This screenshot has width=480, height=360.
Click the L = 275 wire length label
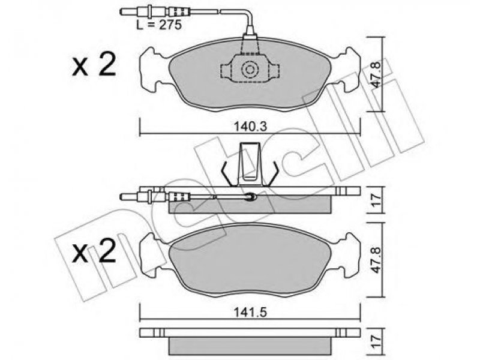[159, 25]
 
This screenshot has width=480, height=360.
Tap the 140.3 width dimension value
[250, 126]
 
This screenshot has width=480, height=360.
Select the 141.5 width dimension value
[250, 313]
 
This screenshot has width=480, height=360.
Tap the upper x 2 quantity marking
[94, 64]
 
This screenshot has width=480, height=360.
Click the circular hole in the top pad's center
[250, 70]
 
